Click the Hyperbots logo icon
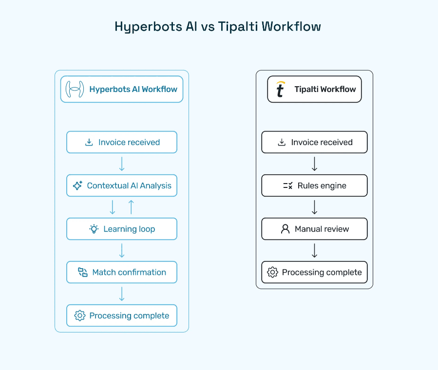click(x=75, y=89)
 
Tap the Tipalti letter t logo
click(x=280, y=89)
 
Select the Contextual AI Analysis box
click(x=122, y=185)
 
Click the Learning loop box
click(x=122, y=229)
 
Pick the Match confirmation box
click(x=122, y=272)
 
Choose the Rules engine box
click(x=314, y=185)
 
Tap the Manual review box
click(x=314, y=229)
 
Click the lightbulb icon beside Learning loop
click(x=94, y=229)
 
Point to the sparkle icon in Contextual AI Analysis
click(x=77, y=185)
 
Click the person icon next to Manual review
click(x=286, y=229)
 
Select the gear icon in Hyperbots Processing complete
click(x=80, y=315)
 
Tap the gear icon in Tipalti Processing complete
click(x=273, y=272)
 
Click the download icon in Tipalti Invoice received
click(x=282, y=142)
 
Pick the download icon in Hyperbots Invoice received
click(x=89, y=142)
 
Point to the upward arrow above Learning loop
click(x=131, y=207)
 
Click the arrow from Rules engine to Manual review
click(x=314, y=207)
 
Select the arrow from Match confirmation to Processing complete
click(x=122, y=294)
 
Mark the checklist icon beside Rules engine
click(x=287, y=185)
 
